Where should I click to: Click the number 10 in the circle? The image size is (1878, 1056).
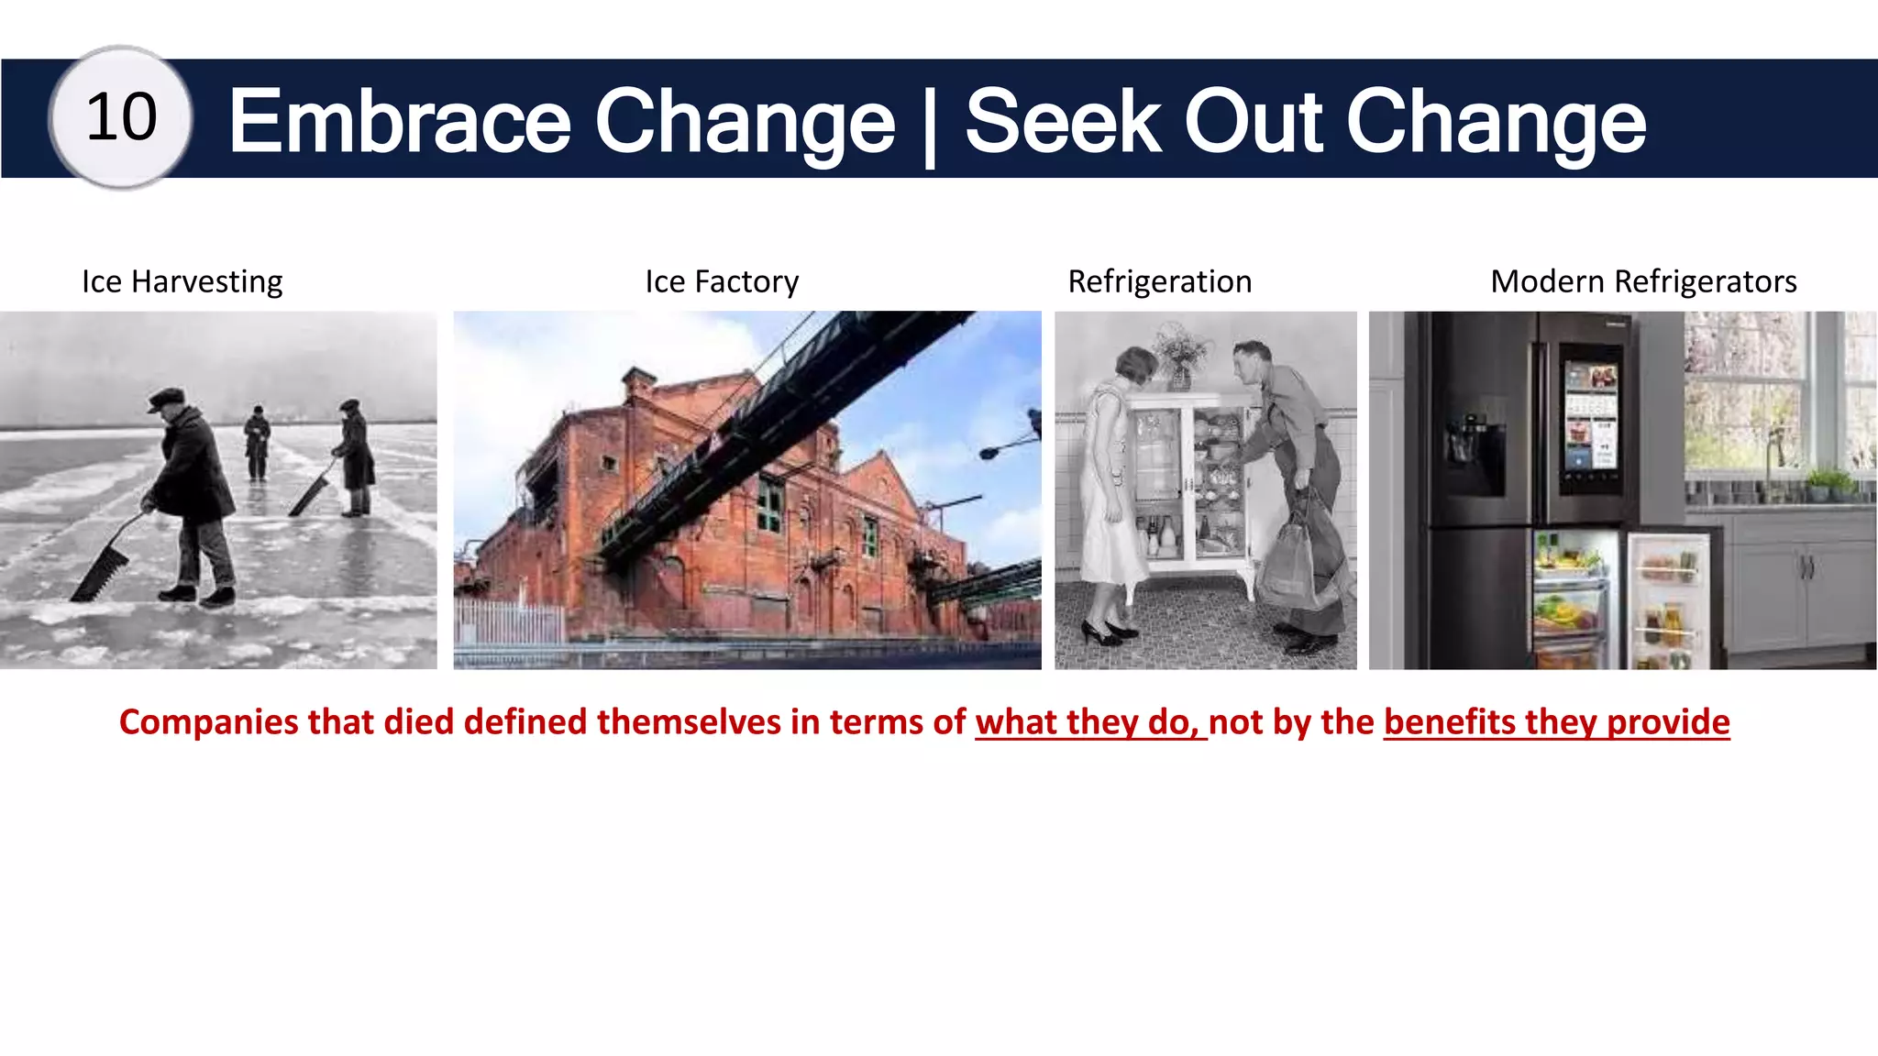(x=121, y=117)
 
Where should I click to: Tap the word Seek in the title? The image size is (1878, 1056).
(x=1064, y=121)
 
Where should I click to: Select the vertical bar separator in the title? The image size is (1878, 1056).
(x=930, y=126)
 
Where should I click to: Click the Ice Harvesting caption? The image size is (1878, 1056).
(x=182, y=281)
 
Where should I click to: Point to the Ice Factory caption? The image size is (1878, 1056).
(x=722, y=281)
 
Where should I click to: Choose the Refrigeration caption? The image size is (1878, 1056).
(x=1159, y=281)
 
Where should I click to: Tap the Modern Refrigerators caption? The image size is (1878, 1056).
(x=1643, y=281)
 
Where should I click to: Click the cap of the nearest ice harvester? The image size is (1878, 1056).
(x=167, y=398)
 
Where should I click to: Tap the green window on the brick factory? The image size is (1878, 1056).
(x=769, y=507)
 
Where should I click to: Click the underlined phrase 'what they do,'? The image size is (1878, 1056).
(x=1089, y=722)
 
